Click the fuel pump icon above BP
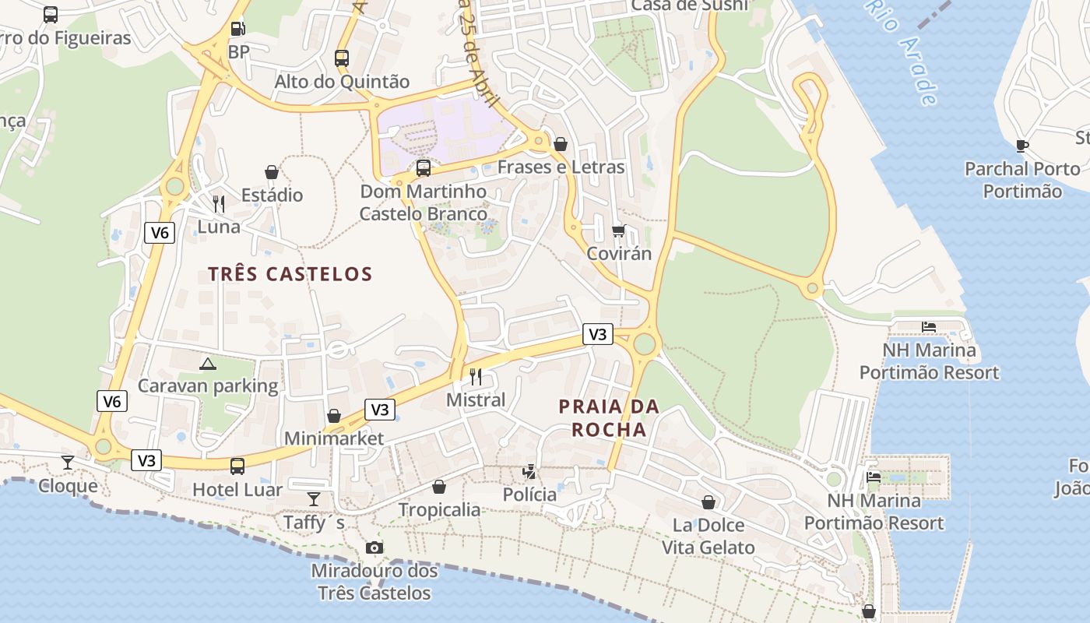click(x=238, y=30)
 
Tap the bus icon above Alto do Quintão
click(x=341, y=58)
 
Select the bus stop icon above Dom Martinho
click(x=424, y=167)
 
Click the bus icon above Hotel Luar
click(x=237, y=466)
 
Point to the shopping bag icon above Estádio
click(x=272, y=172)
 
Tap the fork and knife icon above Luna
click(x=219, y=204)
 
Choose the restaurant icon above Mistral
click(x=476, y=377)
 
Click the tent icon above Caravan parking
click(x=207, y=364)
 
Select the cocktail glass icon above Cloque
click(x=68, y=463)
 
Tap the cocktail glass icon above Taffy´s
click(x=313, y=499)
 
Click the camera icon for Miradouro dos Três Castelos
click(x=374, y=547)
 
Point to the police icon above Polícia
click(x=529, y=471)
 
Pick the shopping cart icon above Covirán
click(x=619, y=231)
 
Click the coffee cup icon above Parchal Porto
click(x=1022, y=146)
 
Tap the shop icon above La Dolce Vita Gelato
click(x=708, y=502)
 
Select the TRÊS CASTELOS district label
click(x=290, y=274)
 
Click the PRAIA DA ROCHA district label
click(x=609, y=417)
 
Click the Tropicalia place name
click(x=439, y=510)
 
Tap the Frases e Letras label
click(x=561, y=167)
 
